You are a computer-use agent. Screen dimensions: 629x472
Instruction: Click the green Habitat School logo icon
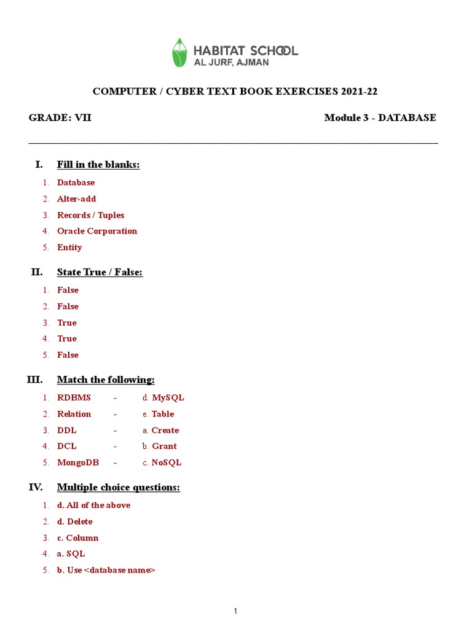tap(179, 52)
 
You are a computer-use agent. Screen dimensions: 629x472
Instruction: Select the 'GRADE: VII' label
tap(60, 118)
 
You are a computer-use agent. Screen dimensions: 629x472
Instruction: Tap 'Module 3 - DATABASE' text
tap(380, 118)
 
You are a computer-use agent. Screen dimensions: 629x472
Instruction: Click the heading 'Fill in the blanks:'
tap(98, 165)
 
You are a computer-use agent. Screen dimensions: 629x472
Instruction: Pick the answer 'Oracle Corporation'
tap(97, 231)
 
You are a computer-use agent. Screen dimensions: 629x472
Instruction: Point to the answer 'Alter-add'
tap(77, 199)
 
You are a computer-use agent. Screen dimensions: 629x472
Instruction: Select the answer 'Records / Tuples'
tap(90, 215)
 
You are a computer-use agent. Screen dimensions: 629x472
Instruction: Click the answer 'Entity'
tap(69, 248)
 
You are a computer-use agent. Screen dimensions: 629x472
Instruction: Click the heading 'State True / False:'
tap(100, 272)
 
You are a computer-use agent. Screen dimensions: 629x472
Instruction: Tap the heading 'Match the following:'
tap(106, 380)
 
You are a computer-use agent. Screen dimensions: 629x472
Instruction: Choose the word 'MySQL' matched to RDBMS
tap(168, 397)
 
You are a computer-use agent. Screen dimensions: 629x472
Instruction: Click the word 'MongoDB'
tap(78, 463)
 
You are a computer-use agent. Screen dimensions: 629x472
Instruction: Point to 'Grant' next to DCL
tap(164, 447)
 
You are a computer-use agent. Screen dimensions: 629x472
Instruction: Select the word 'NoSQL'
tap(166, 463)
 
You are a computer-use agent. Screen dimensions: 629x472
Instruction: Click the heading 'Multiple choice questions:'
tap(119, 488)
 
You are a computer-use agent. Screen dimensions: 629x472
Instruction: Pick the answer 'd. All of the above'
tap(94, 506)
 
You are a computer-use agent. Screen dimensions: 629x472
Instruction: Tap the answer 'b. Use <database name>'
tap(106, 570)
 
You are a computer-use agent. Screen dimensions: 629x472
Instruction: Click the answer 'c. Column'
tap(78, 538)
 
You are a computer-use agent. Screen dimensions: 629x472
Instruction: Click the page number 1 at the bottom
tap(235, 611)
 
